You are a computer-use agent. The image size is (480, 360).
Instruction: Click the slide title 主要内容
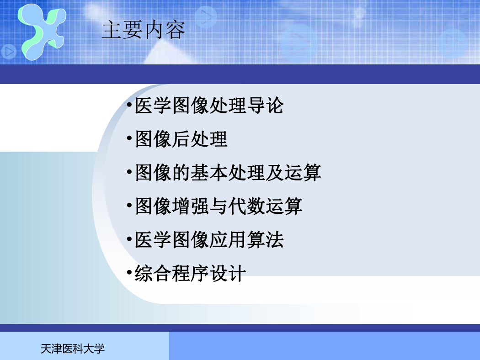click(143, 30)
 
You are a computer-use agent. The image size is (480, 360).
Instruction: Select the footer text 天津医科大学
click(73, 349)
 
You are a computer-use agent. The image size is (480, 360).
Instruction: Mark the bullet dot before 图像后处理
click(129, 138)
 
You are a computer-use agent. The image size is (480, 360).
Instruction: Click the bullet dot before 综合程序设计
click(129, 272)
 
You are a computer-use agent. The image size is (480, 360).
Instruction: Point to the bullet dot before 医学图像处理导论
click(129, 105)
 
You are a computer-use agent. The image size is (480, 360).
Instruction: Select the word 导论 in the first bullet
click(265, 106)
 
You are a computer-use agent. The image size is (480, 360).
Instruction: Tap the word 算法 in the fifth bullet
click(265, 239)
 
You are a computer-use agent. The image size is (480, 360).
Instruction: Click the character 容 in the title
click(175, 30)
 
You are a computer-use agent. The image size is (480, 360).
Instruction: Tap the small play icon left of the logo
click(9, 52)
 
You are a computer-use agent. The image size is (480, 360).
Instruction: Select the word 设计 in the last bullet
click(228, 273)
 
